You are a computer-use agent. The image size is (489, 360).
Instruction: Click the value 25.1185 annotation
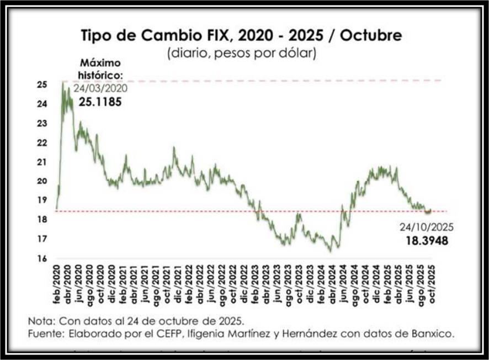click(x=99, y=102)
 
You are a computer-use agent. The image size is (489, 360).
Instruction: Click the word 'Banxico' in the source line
click(x=435, y=333)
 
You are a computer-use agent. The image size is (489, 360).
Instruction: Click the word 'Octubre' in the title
click(x=370, y=36)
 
